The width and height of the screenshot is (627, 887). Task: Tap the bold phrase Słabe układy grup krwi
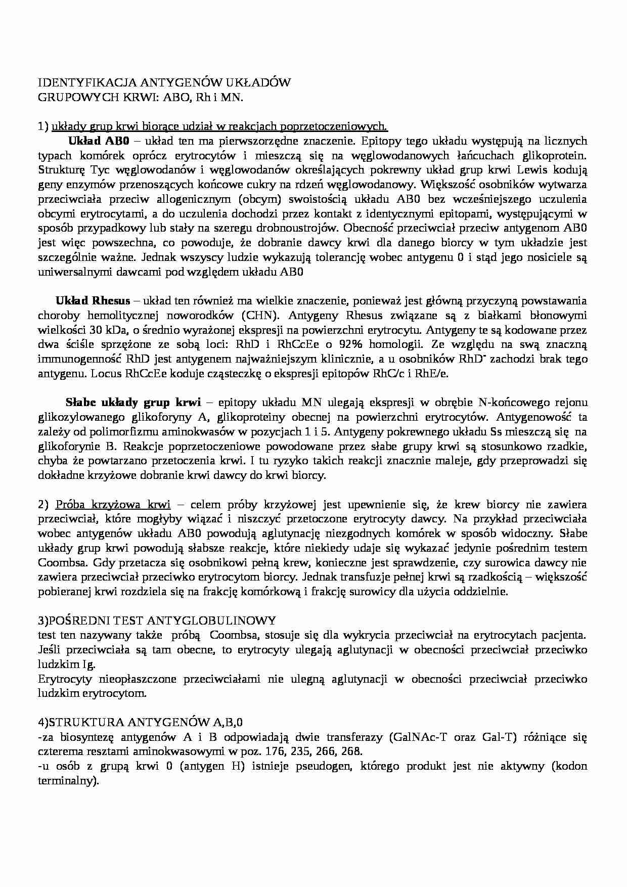coord(133,403)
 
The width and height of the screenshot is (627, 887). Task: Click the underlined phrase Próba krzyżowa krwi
coord(113,504)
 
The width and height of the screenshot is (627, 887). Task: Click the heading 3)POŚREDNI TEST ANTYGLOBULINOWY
coord(157,620)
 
